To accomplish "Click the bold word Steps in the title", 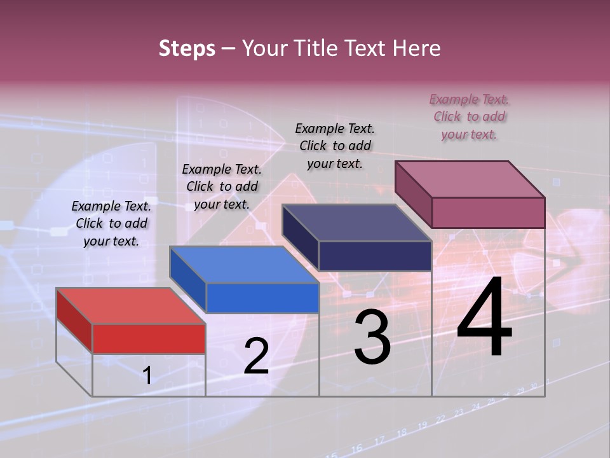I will [x=187, y=48].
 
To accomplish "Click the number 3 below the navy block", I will [x=372, y=337].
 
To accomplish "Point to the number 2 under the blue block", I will [x=256, y=357].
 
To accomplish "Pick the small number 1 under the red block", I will [x=147, y=375].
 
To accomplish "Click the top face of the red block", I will [x=131, y=306].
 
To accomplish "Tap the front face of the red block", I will [x=149, y=338].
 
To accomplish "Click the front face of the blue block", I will [x=262, y=298].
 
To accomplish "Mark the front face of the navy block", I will [x=375, y=256].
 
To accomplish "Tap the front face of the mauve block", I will [x=488, y=212].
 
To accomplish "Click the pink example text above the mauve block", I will [x=469, y=116].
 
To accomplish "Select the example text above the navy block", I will [x=335, y=146].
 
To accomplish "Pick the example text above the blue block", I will [x=222, y=186].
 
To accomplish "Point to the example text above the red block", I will [x=111, y=223].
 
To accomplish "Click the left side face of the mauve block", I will [x=413, y=193].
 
